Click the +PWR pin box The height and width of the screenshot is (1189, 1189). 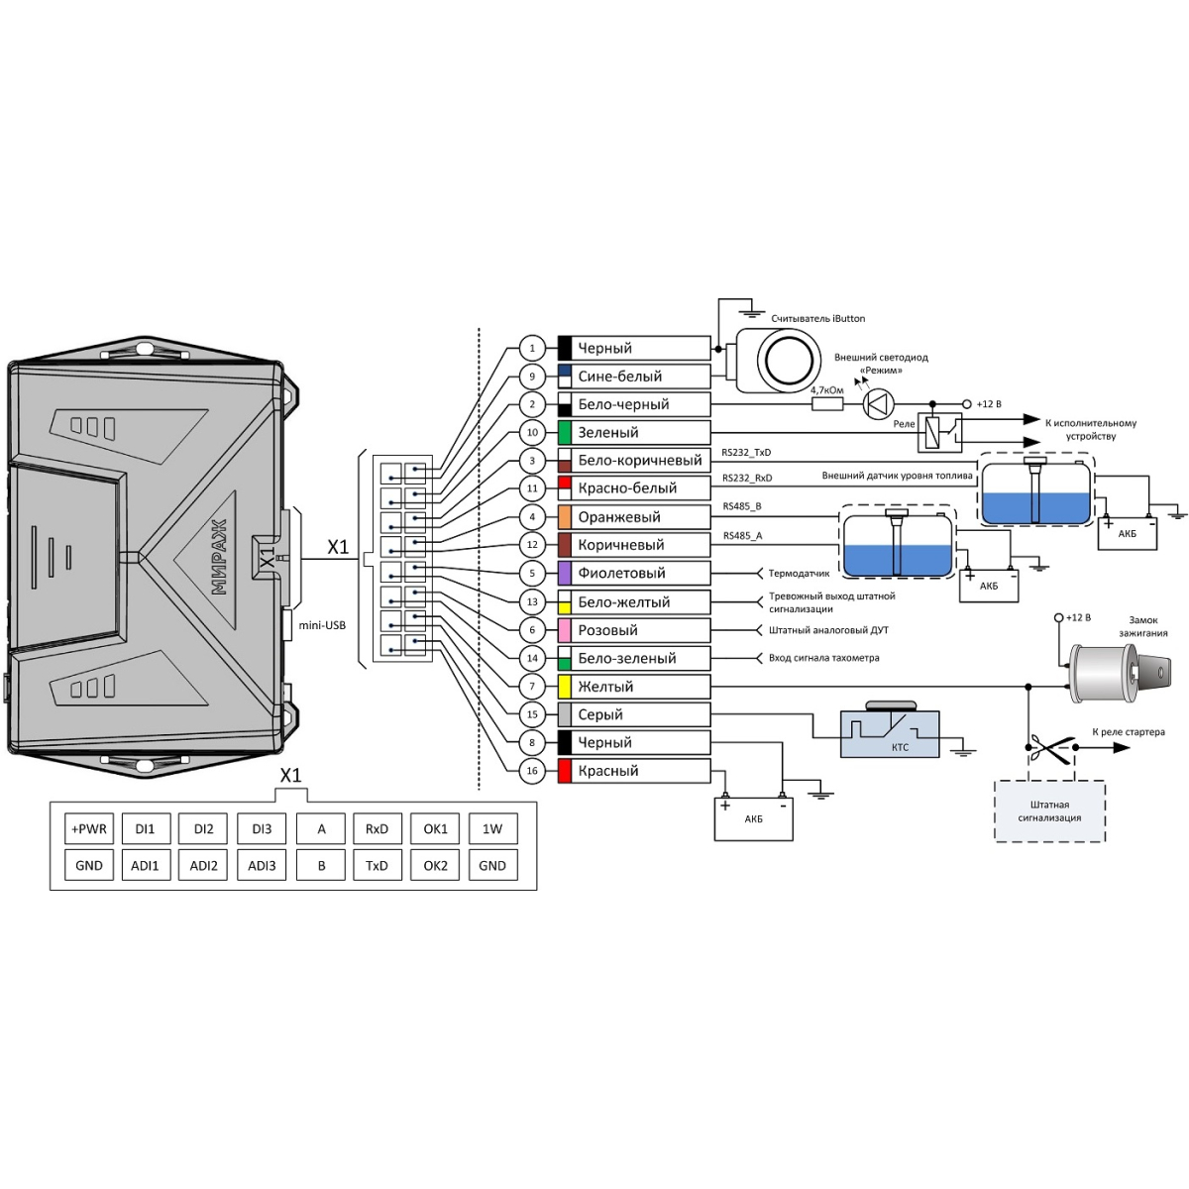89,829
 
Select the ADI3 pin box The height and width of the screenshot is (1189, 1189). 262,865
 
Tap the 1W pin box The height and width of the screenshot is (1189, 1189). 492,829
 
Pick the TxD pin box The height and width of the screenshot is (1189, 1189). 377,865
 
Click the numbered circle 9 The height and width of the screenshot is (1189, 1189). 532,377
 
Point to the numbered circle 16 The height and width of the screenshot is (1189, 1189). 532,771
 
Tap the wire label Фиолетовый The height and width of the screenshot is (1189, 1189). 621,573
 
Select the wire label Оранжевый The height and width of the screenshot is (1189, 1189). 619,516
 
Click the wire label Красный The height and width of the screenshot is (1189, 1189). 608,771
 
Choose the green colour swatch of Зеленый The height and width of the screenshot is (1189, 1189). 565,433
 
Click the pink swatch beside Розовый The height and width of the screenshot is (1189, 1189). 565,630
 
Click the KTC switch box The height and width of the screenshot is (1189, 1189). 890,732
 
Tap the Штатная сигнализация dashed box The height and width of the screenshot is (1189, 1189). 1049,811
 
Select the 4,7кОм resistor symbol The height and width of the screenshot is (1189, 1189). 827,404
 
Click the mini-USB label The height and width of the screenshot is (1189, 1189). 322,625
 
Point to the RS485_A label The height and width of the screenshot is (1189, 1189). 743,536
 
